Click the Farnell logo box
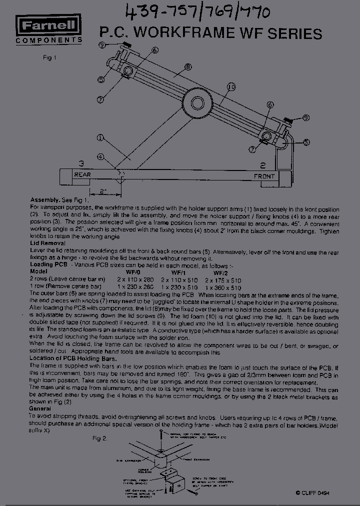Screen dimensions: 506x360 48,25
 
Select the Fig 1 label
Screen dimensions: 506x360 49,57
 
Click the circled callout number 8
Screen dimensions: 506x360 187,66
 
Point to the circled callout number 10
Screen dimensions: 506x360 230,87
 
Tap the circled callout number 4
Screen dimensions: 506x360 101,157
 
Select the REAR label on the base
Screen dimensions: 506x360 82,175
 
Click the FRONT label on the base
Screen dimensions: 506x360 264,176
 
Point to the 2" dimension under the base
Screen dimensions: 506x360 103,191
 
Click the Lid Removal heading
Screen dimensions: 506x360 47,243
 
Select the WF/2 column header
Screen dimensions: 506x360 220,273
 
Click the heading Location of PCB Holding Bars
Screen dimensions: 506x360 73,359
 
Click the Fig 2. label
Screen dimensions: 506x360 99,438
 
